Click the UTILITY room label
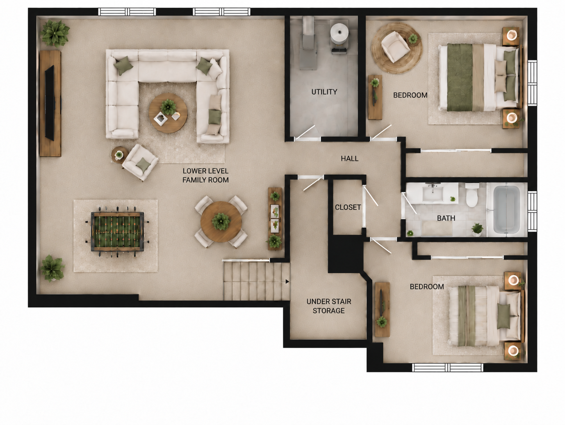[324, 92]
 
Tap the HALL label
[349, 158]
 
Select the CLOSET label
[348, 207]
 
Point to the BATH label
[446, 218]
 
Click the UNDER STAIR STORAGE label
[329, 306]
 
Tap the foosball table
[117, 231]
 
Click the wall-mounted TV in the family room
[50, 103]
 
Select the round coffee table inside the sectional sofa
[168, 113]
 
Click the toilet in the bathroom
[472, 195]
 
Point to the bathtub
[506, 210]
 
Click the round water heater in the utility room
[340, 34]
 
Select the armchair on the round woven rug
[395, 47]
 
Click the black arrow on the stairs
[287, 282]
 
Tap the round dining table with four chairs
[221, 222]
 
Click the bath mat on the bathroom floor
[437, 228]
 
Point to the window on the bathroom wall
[532, 211]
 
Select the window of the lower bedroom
[447, 368]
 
